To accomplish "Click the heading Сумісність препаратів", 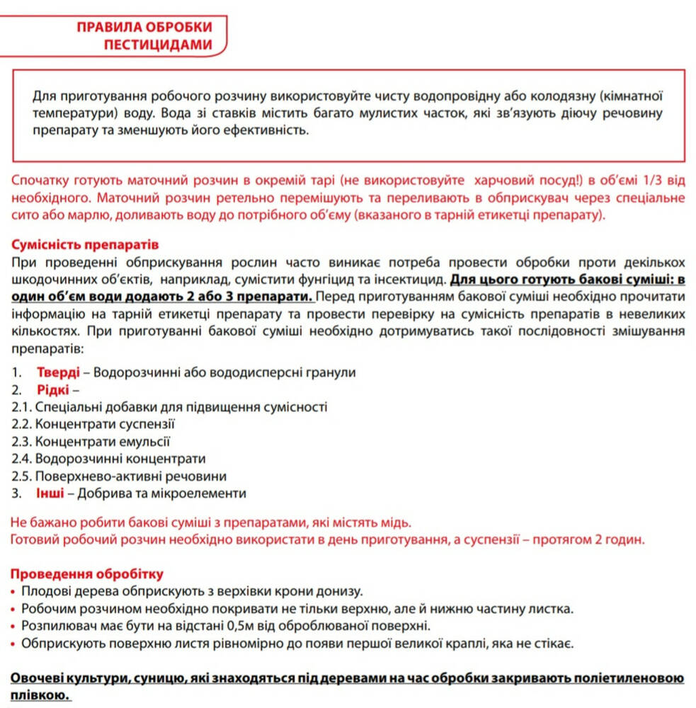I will (x=85, y=245).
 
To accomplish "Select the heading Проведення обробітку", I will (x=87, y=573).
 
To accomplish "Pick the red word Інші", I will (x=50, y=493).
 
